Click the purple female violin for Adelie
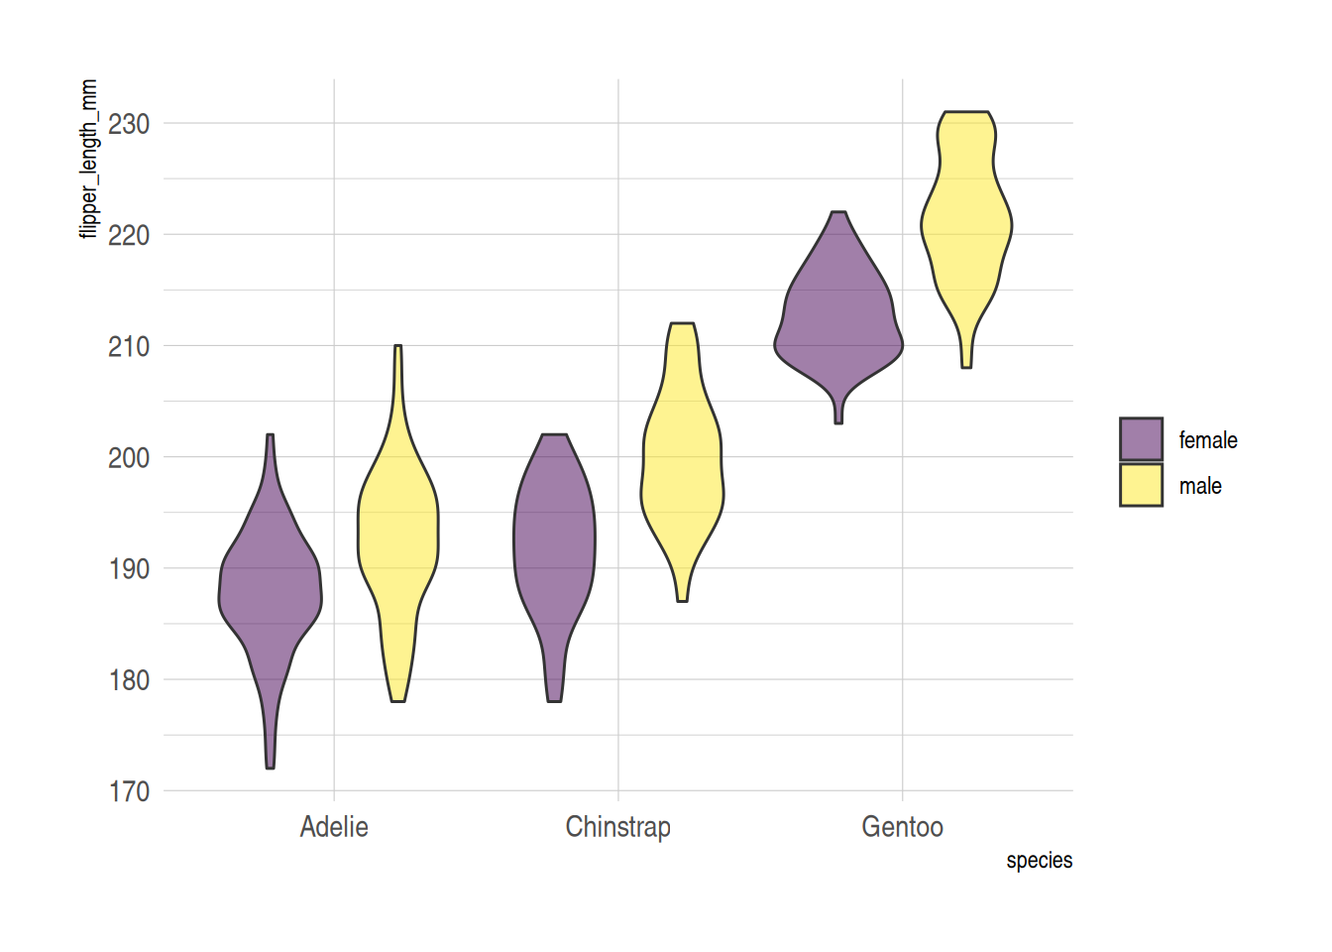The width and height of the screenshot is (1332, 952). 270,595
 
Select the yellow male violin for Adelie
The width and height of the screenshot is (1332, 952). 397,535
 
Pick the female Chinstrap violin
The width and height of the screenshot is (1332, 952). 554,540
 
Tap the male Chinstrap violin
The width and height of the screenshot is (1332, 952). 683,476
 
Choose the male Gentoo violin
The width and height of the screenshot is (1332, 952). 966,228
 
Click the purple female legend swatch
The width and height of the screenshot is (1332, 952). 1141,439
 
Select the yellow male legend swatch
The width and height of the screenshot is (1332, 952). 1141,485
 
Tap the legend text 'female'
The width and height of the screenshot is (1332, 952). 1207,440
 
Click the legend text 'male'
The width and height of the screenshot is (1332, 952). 1199,486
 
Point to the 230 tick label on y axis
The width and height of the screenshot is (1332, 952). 129,124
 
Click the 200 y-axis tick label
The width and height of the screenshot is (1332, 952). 129,458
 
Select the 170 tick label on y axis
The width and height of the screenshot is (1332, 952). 129,791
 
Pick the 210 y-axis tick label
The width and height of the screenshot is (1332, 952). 129,347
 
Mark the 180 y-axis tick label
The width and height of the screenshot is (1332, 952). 129,680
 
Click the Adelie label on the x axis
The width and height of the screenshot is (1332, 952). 334,827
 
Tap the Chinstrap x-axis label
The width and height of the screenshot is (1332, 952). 617,827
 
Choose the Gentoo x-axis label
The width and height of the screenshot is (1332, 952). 902,827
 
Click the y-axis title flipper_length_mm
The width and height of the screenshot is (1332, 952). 89,159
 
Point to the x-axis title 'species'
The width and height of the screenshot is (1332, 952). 1039,861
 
